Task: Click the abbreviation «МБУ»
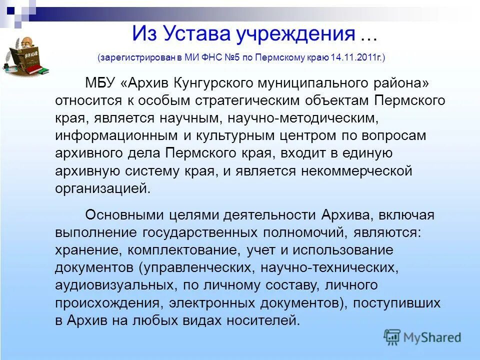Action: (x=100, y=82)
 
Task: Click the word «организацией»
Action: (x=102, y=189)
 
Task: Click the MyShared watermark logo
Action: (x=422, y=336)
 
